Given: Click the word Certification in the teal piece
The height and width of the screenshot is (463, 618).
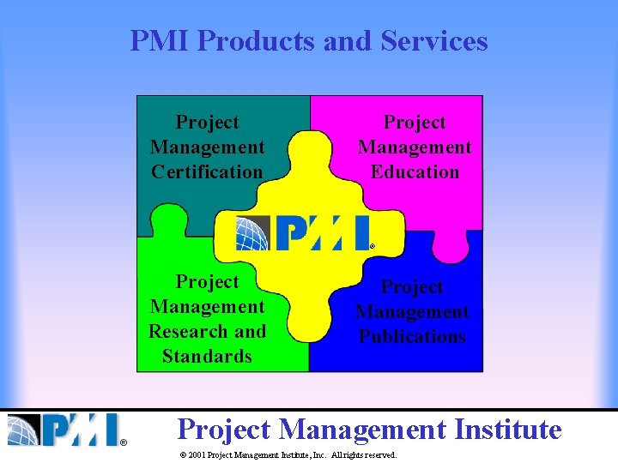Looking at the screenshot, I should [207, 171].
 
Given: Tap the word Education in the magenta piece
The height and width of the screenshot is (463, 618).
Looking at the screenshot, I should [415, 171].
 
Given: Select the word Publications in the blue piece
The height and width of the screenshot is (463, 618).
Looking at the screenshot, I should [412, 336].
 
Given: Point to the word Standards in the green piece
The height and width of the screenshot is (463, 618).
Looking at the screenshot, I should [207, 356].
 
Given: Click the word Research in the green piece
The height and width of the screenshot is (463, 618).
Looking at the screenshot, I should [183, 331].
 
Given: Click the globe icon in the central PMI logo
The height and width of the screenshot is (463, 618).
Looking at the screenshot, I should [253, 232].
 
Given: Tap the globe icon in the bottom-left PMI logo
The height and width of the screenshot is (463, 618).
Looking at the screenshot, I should [23, 430].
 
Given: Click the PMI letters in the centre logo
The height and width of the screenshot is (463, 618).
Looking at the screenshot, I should [322, 232].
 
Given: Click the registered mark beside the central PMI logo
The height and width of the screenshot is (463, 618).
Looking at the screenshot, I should [373, 246].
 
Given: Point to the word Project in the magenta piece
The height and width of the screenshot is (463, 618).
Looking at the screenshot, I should [415, 123].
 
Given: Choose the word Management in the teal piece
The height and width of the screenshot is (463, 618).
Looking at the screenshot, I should [207, 147].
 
